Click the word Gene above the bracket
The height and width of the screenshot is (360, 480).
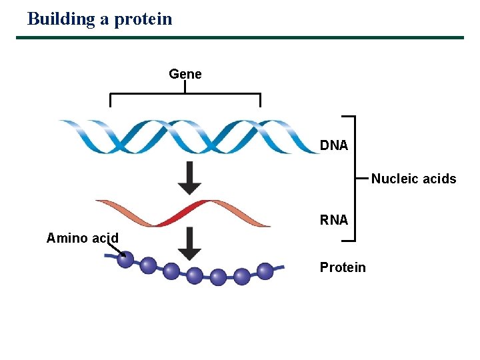point(185,74)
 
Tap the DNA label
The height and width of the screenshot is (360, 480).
point(333,145)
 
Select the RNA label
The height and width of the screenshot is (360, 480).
point(333,220)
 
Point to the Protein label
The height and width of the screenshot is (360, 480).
point(343,267)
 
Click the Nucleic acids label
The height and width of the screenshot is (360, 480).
point(413,179)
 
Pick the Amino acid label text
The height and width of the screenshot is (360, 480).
point(83,238)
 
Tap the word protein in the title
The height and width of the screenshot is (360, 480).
point(143,19)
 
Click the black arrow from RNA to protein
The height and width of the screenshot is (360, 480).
point(190,244)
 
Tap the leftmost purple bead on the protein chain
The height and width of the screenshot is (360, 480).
point(125,259)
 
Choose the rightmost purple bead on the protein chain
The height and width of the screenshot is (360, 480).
point(265,271)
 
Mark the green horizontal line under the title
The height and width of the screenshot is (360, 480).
point(240,37)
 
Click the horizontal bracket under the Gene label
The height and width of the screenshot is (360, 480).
point(185,95)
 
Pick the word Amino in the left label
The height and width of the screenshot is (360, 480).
point(66,238)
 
